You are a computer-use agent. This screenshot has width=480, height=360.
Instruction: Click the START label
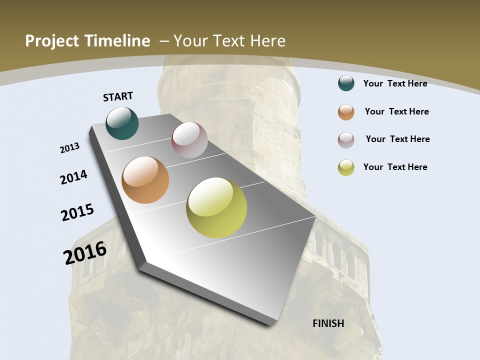(x=118, y=96)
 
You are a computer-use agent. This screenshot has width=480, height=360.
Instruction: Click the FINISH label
(x=328, y=323)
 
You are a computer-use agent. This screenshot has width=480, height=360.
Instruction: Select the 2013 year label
(x=69, y=147)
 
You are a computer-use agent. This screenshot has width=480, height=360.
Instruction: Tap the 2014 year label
(x=73, y=177)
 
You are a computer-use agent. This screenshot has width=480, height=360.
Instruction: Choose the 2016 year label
(x=85, y=253)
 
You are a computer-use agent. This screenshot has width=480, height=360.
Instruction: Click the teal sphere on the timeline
(x=122, y=123)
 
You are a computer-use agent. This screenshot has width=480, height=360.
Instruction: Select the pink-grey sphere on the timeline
(x=189, y=140)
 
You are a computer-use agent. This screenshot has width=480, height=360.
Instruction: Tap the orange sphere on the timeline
(x=145, y=180)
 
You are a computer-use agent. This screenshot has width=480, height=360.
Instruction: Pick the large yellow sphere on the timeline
(x=216, y=207)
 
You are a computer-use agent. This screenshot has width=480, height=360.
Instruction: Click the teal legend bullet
(x=346, y=83)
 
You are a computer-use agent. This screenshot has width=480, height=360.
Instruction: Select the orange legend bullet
(x=346, y=112)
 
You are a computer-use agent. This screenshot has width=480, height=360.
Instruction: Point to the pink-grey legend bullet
(x=346, y=140)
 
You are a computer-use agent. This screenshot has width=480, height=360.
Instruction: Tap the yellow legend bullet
(x=346, y=167)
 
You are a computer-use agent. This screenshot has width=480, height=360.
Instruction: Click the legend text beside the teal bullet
(x=395, y=83)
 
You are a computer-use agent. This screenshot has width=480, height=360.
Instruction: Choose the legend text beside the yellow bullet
(x=395, y=167)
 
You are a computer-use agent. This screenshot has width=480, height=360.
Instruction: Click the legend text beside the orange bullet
(x=396, y=111)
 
